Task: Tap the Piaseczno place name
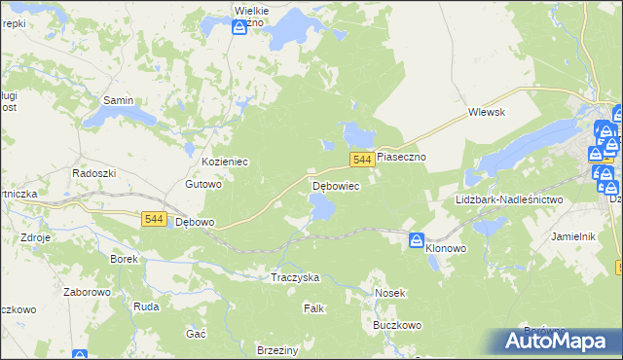tap(402, 157)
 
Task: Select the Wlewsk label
tap(487, 113)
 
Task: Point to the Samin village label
tap(118, 100)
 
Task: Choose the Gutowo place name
tap(204, 184)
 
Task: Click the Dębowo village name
tap(194, 222)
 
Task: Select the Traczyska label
tap(295, 277)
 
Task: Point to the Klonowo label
tap(446, 249)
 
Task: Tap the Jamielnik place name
tap(572, 236)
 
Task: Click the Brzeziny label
tap(275, 349)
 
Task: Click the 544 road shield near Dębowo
tap(153, 220)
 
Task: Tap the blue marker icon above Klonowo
tap(417, 239)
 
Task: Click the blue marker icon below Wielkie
tap(239, 28)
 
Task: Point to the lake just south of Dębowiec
tap(321, 205)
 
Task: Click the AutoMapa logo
tap(558, 341)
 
